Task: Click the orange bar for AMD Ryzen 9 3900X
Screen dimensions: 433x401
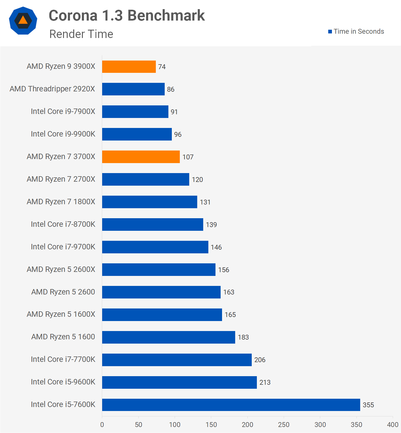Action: [x=129, y=67]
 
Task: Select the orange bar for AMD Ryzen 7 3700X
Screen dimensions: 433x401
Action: [x=141, y=157]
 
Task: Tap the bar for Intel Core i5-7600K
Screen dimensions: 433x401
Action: [x=231, y=405]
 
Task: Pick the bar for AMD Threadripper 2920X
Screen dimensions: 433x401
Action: [x=133, y=89]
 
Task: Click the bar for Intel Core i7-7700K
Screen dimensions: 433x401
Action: [x=177, y=360]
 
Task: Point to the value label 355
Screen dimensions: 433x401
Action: [x=368, y=405]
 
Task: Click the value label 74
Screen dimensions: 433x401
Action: [x=162, y=67]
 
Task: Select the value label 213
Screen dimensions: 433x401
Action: [x=265, y=382]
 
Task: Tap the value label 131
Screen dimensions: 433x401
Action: [x=205, y=202]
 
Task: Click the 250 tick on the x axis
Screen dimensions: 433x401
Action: [x=284, y=425]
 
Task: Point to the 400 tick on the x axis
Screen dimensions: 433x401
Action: [x=393, y=425]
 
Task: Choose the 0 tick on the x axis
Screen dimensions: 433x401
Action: [x=102, y=425]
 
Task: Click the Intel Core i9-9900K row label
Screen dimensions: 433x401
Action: [x=63, y=134]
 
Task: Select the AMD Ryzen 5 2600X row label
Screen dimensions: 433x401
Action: [x=61, y=269]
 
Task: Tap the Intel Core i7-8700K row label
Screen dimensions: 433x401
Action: [x=63, y=224]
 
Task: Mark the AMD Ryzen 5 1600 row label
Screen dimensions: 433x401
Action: [x=63, y=337]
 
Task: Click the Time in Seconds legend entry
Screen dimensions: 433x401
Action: [x=356, y=31]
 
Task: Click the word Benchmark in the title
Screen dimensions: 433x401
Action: [x=166, y=15]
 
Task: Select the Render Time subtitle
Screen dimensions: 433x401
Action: [x=81, y=34]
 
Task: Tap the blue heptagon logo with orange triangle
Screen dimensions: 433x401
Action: [x=23, y=21]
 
